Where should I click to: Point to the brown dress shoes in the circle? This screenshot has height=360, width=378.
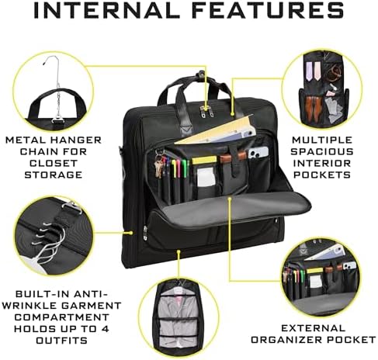312,100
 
